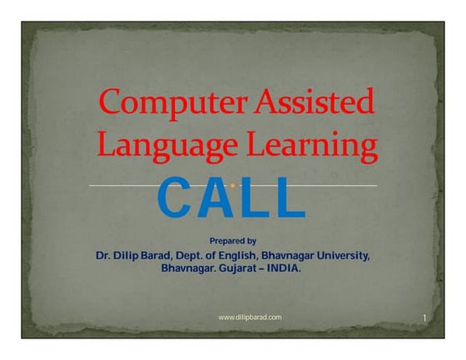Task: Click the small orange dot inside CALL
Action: click(x=231, y=185)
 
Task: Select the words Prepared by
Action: click(x=232, y=240)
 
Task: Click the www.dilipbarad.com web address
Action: click(x=250, y=318)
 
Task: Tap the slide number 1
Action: click(x=424, y=318)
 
